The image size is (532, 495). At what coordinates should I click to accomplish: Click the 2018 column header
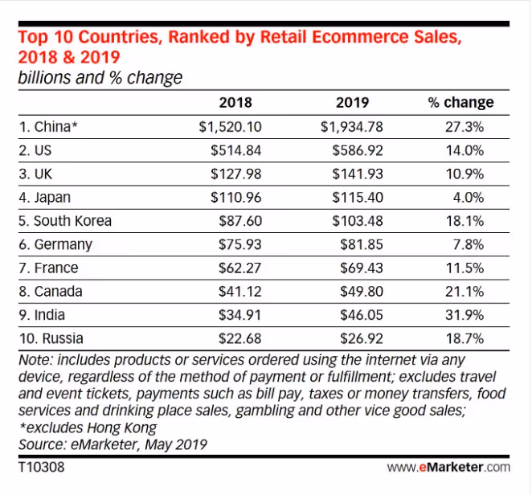[x=235, y=103]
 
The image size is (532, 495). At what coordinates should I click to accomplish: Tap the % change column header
[x=460, y=103]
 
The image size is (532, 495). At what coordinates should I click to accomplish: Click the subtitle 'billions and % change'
[x=100, y=78]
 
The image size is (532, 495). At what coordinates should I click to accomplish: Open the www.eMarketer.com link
[x=448, y=467]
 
